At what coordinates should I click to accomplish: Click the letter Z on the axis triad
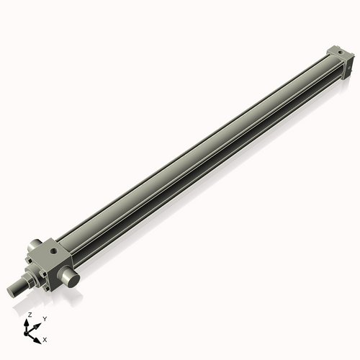point(30,315)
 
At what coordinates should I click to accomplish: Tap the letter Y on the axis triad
point(45,318)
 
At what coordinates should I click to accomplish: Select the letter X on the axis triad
point(45,338)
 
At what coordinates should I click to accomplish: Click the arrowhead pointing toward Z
point(29,321)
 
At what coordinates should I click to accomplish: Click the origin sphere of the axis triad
point(30,330)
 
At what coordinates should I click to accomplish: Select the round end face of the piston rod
point(12,290)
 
